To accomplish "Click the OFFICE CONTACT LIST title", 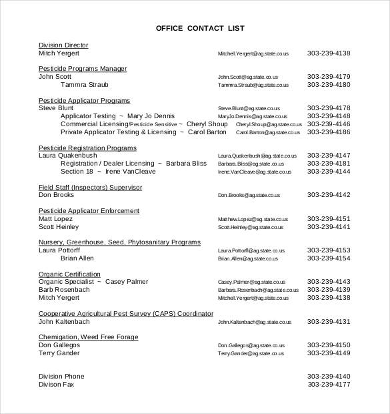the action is click(x=200, y=28).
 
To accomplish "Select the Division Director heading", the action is click(x=63, y=45).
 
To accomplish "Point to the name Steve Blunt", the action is click(x=56, y=108).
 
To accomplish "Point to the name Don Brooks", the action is click(x=56, y=195).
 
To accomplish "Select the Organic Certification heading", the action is click(x=69, y=274).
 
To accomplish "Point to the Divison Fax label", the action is click(x=57, y=385).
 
